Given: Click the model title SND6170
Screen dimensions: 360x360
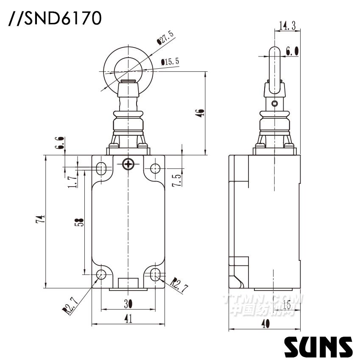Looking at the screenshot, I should pos(55,19).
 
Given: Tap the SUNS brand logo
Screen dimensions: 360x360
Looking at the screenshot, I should pos(318,346).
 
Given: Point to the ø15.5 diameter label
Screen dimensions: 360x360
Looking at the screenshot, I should pos(170,62).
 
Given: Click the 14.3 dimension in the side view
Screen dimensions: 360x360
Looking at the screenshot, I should pos(287,26).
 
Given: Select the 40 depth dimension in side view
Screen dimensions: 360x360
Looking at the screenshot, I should pos(265,324).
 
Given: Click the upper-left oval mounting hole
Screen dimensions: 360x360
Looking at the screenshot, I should pos(102,168).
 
